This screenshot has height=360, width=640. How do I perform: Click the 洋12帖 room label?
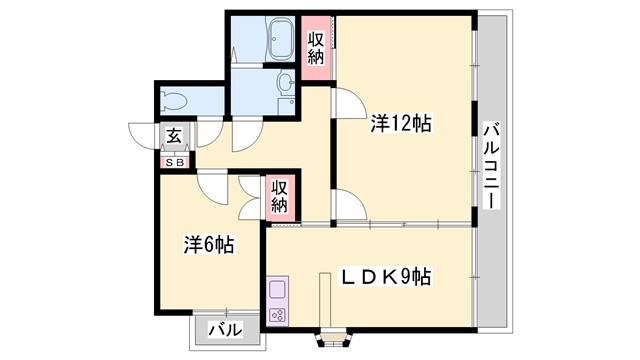401,124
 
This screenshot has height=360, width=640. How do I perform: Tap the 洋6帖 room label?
208,243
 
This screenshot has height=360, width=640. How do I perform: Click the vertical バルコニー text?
491,164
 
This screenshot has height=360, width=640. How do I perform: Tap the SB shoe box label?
174,160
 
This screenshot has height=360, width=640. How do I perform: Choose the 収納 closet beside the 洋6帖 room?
280,194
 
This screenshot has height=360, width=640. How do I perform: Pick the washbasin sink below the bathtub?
284,83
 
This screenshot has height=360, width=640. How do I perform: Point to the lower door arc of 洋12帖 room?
348,206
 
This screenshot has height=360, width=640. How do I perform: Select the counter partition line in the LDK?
325,300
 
